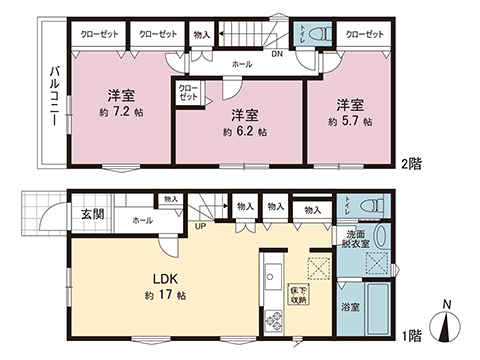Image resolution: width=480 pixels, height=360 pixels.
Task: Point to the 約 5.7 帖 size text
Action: (x=350, y=122)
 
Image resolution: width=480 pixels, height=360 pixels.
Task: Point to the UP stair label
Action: (x=201, y=225)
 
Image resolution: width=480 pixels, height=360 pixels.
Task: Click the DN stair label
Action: (x=275, y=54)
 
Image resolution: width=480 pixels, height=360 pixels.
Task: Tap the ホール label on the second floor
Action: (x=241, y=63)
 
